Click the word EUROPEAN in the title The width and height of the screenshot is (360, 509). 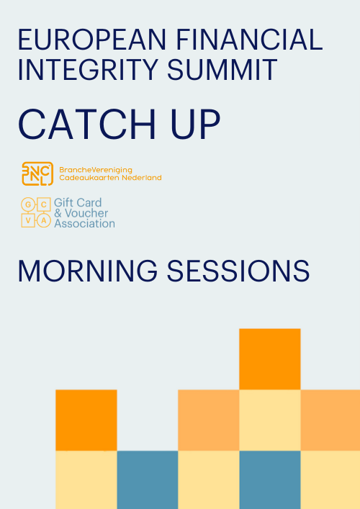(x=92, y=40)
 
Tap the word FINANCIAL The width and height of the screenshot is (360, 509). (x=249, y=40)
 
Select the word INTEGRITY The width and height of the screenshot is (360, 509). (x=89, y=70)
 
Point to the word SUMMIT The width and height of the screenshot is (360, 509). (x=222, y=70)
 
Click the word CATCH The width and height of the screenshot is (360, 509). (x=87, y=125)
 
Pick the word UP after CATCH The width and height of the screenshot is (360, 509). (x=195, y=125)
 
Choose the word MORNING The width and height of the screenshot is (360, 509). (x=88, y=271)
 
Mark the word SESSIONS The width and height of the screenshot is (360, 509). (x=238, y=271)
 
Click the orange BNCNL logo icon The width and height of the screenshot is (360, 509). (x=37, y=174)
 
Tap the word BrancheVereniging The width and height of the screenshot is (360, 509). (x=96, y=171)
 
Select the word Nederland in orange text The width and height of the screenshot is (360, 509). (x=142, y=178)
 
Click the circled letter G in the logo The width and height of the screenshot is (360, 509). (x=28, y=204)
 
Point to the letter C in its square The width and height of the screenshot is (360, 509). (x=44, y=204)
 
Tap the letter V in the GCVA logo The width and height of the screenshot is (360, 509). (x=28, y=220)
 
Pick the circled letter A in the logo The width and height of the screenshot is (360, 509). (x=44, y=220)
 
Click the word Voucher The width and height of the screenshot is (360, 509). (x=86, y=213)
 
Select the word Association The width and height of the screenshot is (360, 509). (x=84, y=224)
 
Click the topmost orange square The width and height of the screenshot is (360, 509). (x=270, y=359)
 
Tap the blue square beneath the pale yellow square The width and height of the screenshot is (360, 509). (x=270, y=479)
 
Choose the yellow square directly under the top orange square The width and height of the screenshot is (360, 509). (x=270, y=420)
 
